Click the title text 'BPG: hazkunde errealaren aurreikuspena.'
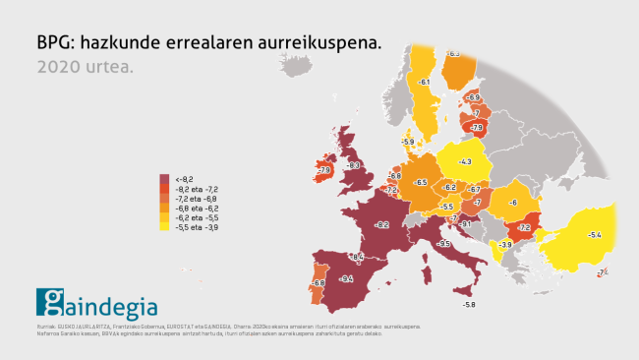(x=207, y=43)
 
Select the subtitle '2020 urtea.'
(x=85, y=68)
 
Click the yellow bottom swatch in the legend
(x=164, y=227)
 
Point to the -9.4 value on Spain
(x=346, y=279)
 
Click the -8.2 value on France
(x=383, y=225)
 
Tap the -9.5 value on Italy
(x=444, y=243)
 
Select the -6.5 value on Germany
(x=421, y=182)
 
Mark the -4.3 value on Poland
(x=465, y=161)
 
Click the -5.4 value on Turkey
(x=594, y=235)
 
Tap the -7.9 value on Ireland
(x=322, y=170)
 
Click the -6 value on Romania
(x=512, y=203)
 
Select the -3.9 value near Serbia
(x=505, y=244)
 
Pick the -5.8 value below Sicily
(x=469, y=305)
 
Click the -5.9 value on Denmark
(x=408, y=142)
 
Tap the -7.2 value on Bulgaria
(x=524, y=227)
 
